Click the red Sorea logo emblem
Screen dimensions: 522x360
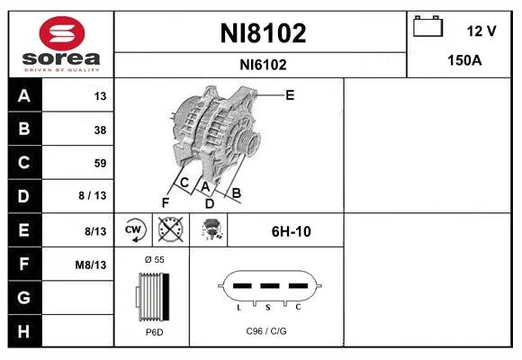click(62, 33)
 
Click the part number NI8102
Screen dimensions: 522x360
click(263, 33)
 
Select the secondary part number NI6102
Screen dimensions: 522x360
click(263, 65)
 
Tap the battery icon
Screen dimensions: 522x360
click(427, 26)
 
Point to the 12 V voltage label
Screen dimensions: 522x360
click(481, 31)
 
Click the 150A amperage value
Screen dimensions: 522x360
click(464, 60)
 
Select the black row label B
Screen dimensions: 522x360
click(25, 129)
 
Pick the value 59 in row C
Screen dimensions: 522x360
click(100, 163)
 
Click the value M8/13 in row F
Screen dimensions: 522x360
click(91, 265)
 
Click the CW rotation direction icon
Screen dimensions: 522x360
click(133, 229)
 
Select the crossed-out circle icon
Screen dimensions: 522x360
click(171, 229)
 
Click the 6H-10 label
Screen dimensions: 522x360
click(292, 231)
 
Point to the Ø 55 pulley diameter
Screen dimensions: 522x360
click(155, 259)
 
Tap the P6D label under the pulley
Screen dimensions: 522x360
click(155, 332)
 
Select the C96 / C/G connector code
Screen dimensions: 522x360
click(266, 331)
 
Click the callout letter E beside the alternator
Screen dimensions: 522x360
click(290, 95)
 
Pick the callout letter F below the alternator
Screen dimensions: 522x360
click(166, 202)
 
